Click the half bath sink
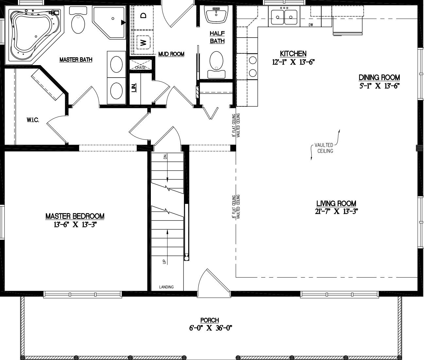tap(216, 15)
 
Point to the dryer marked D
tap(143, 15)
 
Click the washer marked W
tap(143, 42)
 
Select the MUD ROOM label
tap(171, 54)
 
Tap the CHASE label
tap(140, 67)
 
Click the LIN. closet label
tap(133, 88)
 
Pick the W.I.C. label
tap(33, 120)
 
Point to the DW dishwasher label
tap(311, 25)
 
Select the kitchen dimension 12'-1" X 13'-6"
tap(293, 62)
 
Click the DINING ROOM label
tap(379, 78)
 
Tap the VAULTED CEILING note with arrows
tap(325, 148)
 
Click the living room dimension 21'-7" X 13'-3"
tap(336, 211)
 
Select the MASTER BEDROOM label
tap(75, 216)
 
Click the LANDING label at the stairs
tap(166, 287)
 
